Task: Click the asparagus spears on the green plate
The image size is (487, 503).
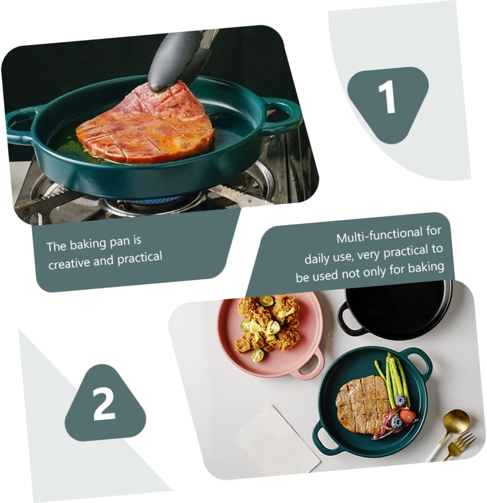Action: click(x=392, y=381)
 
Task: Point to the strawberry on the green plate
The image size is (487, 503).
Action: click(x=407, y=416)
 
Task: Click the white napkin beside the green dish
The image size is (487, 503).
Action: click(x=276, y=438)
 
